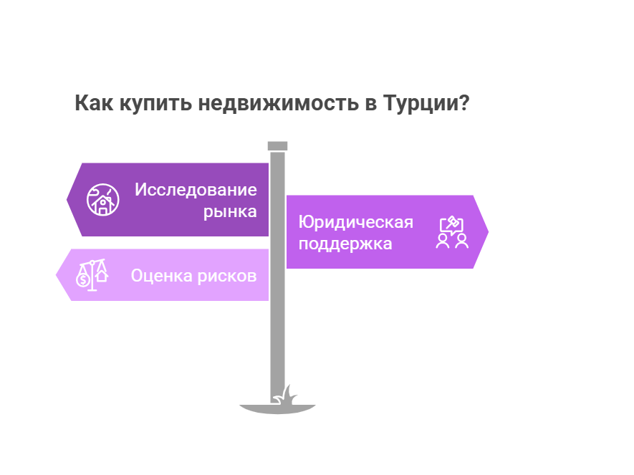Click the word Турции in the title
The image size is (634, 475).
pos(421,103)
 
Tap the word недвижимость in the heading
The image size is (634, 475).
pos(278,103)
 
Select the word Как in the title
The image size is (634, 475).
pos(94,102)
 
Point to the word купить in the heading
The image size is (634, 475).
pos(155,104)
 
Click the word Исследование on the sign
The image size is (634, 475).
pos(196,190)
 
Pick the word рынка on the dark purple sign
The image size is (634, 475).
pos(230,212)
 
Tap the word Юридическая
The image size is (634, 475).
pos(356,222)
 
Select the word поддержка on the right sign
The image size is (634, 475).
pos(345,244)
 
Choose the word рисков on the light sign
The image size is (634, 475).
pos(227,277)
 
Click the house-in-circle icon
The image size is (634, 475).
pos(102,200)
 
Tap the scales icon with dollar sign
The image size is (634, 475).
pos(92,275)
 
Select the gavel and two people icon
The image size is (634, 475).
pos(452,232)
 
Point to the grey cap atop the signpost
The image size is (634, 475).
pos(277,146)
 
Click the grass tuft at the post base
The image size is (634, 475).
pos(285,395)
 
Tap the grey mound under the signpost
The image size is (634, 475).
pos(277,409)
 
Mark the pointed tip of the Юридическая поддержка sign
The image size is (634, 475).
pos(489,232)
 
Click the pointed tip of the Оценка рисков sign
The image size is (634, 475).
pos(56,275)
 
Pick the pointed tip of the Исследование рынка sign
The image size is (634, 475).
pos(67,200)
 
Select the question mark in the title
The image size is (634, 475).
pos(465,102)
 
